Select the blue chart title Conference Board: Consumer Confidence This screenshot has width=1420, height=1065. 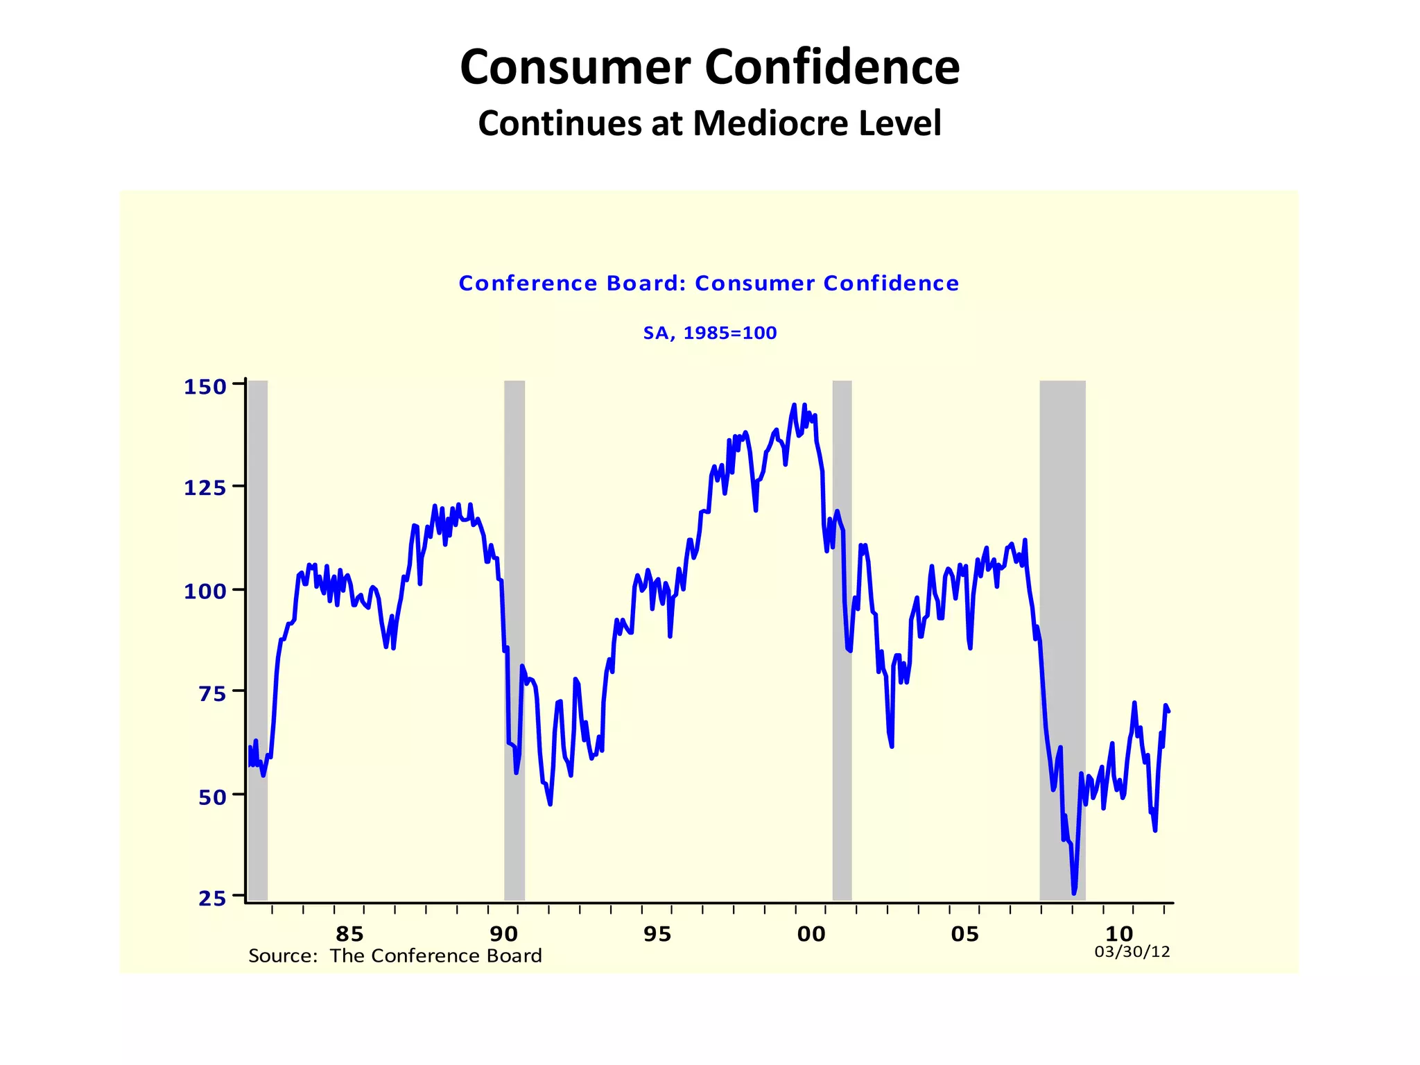[709, 284]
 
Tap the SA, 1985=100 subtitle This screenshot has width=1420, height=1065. [710, 334]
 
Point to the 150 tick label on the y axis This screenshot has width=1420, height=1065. [205, 387]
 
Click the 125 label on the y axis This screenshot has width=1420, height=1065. [205, 489]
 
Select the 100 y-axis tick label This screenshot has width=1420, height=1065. [205, 591]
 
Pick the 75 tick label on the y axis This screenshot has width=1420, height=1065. [212, 694]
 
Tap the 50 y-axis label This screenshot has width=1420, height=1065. [212, 797]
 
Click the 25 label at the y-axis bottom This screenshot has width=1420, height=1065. [212, 899]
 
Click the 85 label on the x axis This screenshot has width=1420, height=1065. [349, 935]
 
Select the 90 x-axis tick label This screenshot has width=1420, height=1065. [504, 935]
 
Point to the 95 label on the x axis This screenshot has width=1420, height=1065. [657, 935]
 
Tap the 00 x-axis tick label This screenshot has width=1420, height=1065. [811, 935]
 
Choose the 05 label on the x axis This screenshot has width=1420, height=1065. [965, 935]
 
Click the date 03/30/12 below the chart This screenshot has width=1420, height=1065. [1132, 952]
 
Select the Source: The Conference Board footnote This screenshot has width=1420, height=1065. [395, 956]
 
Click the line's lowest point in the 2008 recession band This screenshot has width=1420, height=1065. [1074, 893]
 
